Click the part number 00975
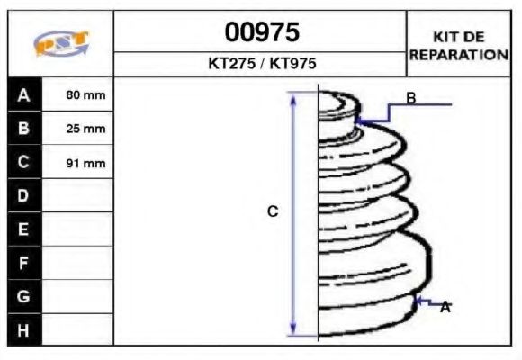pyautogui.click(x=261, y=33)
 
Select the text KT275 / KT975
pyautogui.click(x=261, y=64)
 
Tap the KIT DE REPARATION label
pyautogui.click(x=458, y=46)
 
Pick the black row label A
pyautogui.click(x=24, y=94)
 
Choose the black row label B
pyautogui.click(x=24, y=129)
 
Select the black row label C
pyautogui.click(x=24, y=163)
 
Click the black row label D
pyautogui.click(x=24, y=196)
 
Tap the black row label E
pyautogui.click(x=24, y=229)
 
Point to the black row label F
pyautogui.click(x=24, y=263)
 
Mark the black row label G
pyautogui.click(x=24, y=296)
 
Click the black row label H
pyautogui.click(x=24, y=329)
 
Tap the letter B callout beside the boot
pyautogui.click(x=410, y=98)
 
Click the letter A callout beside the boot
pyautogui.click(x=445, y=307)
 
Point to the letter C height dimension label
pyautogui.click(x=273, y=211)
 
